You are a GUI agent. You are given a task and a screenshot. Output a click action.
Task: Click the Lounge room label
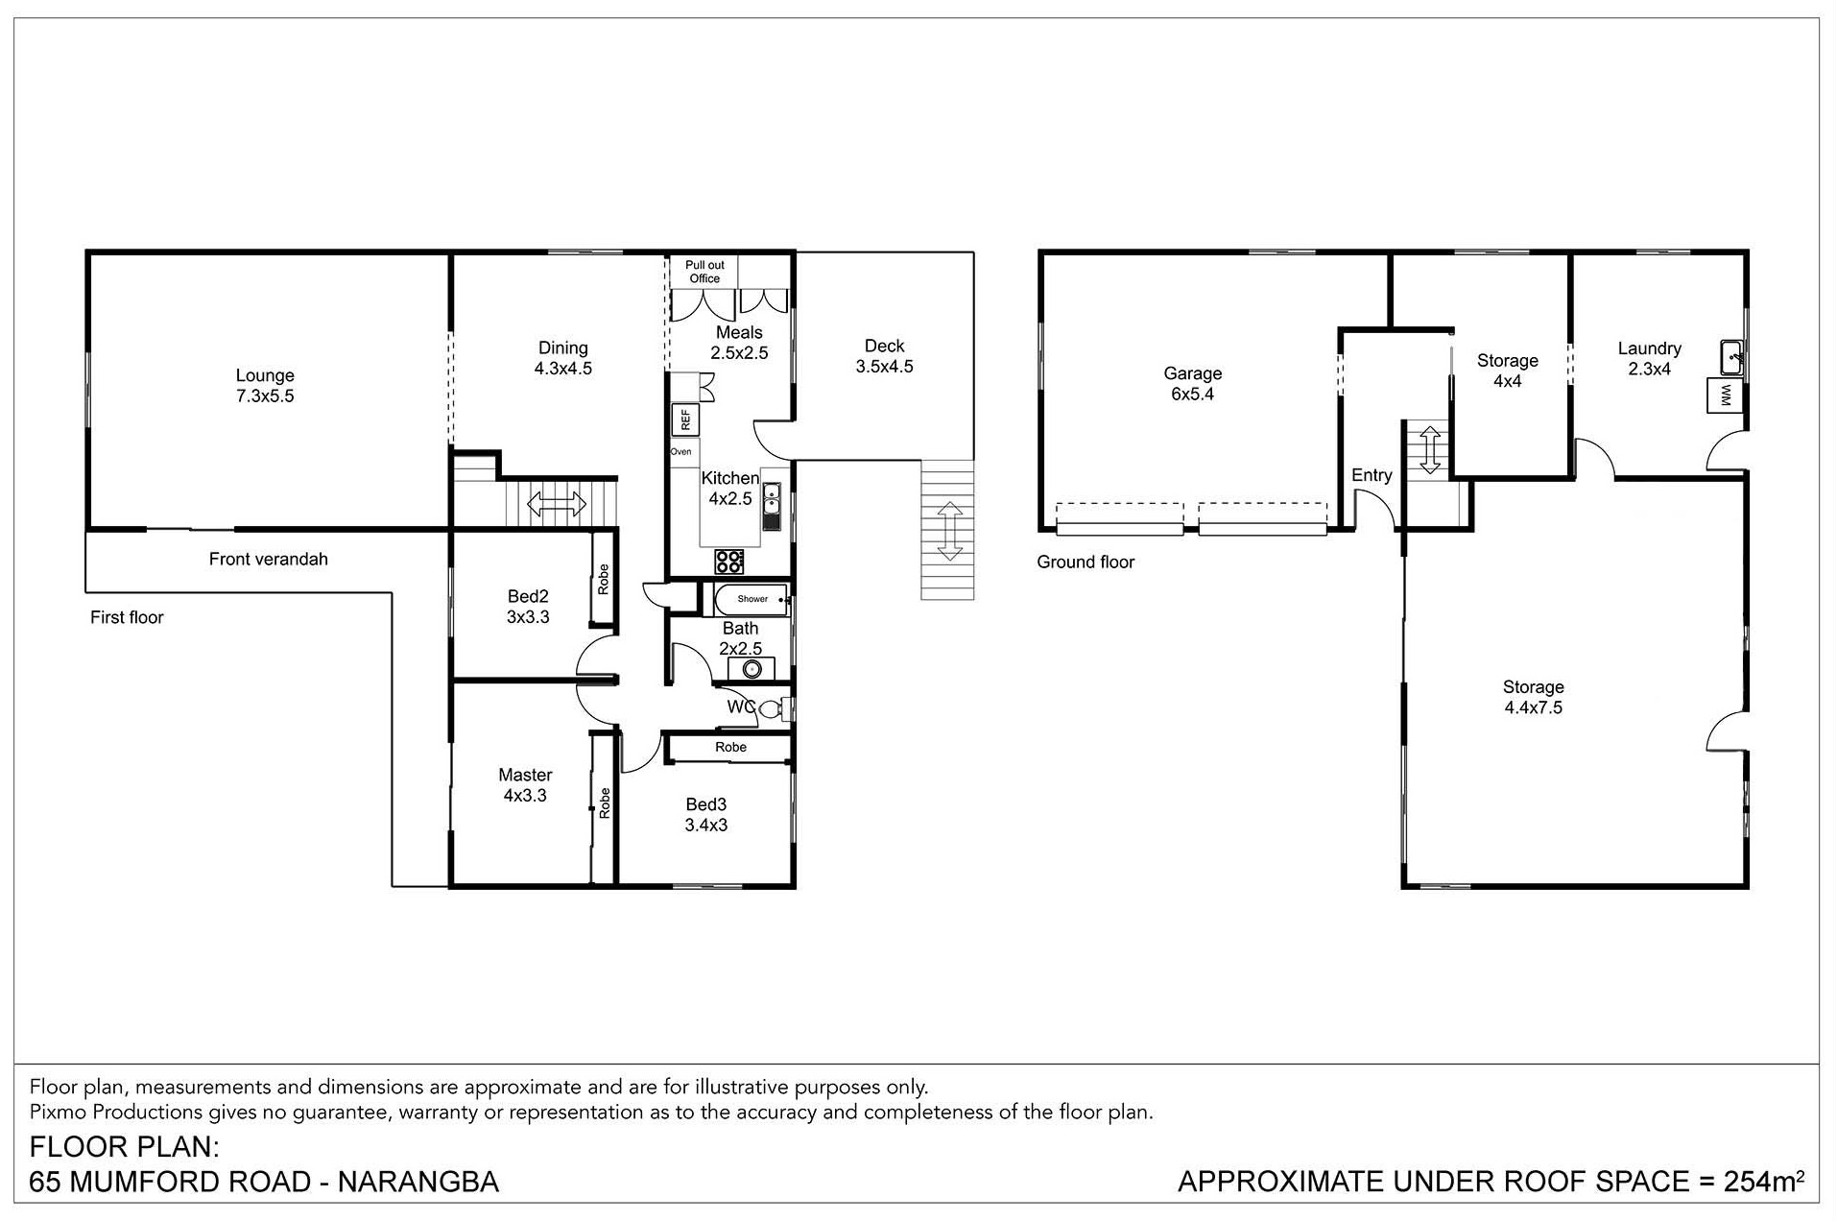[x=265, y=386]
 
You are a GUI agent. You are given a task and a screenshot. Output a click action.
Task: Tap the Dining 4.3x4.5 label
[x=563, y=358]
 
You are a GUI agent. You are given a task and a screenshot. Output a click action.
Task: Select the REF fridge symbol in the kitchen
[x=685, y=419]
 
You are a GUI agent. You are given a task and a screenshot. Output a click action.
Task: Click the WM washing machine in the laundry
[x=1725, y=395]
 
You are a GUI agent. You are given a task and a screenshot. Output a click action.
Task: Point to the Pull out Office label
[x=704, y=272]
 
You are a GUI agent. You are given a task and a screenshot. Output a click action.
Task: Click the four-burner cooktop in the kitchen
[x=728, y=561]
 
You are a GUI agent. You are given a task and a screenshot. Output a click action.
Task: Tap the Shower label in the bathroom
[x=752, y=599]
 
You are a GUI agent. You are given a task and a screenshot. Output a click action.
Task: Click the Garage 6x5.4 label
[x=1193, y=384]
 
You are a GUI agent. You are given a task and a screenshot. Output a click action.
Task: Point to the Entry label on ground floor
[x=1372, y=475]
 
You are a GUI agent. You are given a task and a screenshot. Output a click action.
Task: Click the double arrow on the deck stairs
[x=949, y=531]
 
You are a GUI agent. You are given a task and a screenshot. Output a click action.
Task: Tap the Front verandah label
[x=269, y=559]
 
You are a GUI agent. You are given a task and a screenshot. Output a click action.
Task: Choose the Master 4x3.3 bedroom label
[x=525, y=785]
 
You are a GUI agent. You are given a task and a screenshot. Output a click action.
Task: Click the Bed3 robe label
[x=730, y=747]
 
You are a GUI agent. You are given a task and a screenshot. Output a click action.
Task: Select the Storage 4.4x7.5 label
[x=1534, y=698]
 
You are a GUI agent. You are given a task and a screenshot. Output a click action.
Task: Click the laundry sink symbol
[x=1732, y=356]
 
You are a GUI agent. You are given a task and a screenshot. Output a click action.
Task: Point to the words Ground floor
[x=1085, y=563]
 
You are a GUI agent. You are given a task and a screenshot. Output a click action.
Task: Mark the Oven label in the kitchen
[x=680, y=452]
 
